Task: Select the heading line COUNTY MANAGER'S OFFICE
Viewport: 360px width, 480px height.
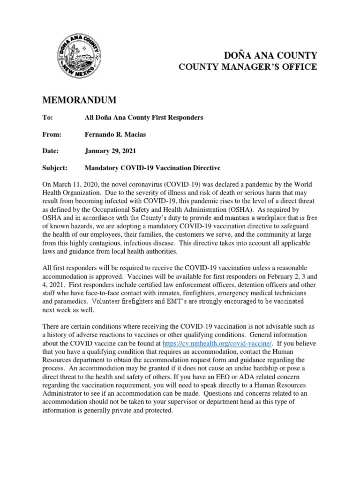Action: (x=248, y=67)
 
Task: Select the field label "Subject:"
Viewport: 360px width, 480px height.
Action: (x=55, y=167)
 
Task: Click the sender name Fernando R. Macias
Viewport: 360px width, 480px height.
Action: (x=115, y=134)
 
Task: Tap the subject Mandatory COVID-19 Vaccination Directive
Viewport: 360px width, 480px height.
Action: (x=152, y=167)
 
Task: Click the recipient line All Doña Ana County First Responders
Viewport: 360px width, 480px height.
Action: (x=143, y=118)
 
